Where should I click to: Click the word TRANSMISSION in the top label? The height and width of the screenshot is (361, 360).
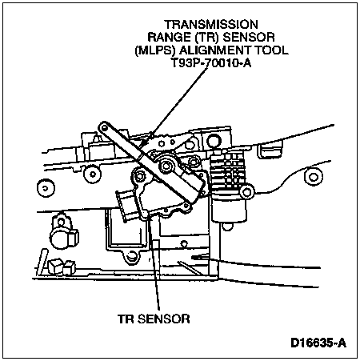[211, 25]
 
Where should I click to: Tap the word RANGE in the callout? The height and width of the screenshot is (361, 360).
[169, 37]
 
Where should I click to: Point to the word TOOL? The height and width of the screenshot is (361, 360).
[272, 50]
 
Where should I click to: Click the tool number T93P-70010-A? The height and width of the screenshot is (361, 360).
[210, 63]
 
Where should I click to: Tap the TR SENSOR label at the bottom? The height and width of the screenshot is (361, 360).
[154, 319]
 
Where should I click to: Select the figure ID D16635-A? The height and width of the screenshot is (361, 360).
[318, 343]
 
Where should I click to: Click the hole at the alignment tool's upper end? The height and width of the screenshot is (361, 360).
[104, 128]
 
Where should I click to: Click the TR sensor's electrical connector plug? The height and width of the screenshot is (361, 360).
[125, 205]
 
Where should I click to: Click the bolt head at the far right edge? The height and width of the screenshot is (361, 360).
[314, 176]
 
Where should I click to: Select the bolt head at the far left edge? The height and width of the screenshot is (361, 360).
[46, 188]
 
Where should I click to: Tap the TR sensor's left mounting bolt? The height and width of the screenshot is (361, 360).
[139, 176]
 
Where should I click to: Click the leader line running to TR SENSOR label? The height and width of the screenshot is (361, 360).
[155, 264]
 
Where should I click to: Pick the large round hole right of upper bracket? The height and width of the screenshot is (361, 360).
[214, 142]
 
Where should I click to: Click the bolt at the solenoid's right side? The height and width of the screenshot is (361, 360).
[246, 192]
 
